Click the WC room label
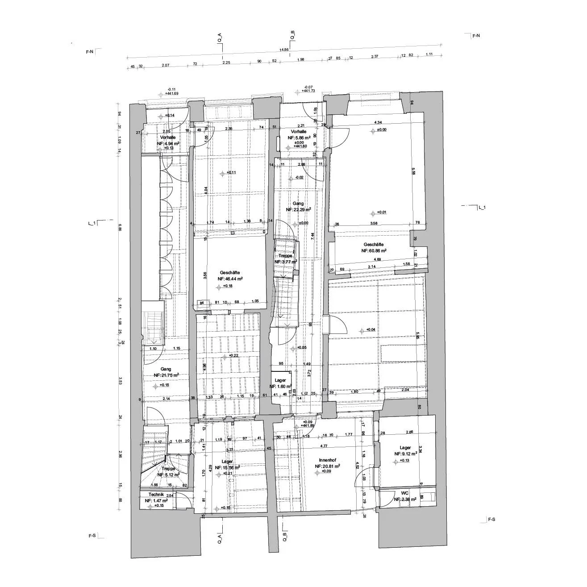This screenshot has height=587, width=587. pyautogui.click(x=405, y=493)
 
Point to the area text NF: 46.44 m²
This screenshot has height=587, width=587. pyautogui.click(x=230, y=279)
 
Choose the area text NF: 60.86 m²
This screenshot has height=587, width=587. pyautogui.click(x=374, y=251)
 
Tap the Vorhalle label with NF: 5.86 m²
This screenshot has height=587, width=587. pyautogui.click(x=298, y=132)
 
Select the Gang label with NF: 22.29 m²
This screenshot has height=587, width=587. pyautogui.click(x=298, y=204)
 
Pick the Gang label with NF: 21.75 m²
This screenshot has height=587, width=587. pyautogui.click(x=166, y=369)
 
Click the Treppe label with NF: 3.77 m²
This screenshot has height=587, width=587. pyautogui.click(x=285, y=256)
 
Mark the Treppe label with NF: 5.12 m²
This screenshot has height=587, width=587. pyautogui.click(x=168, y=469)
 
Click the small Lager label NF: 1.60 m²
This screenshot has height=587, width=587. pyautogui.click(x=280, y=380)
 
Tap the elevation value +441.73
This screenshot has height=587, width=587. pyautogui.click(x=308, y=91)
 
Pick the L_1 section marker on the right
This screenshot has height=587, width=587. pyautogui.click(x=481, y=208)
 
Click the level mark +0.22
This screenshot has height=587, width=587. pyautogui.click(x=234, y=355)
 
